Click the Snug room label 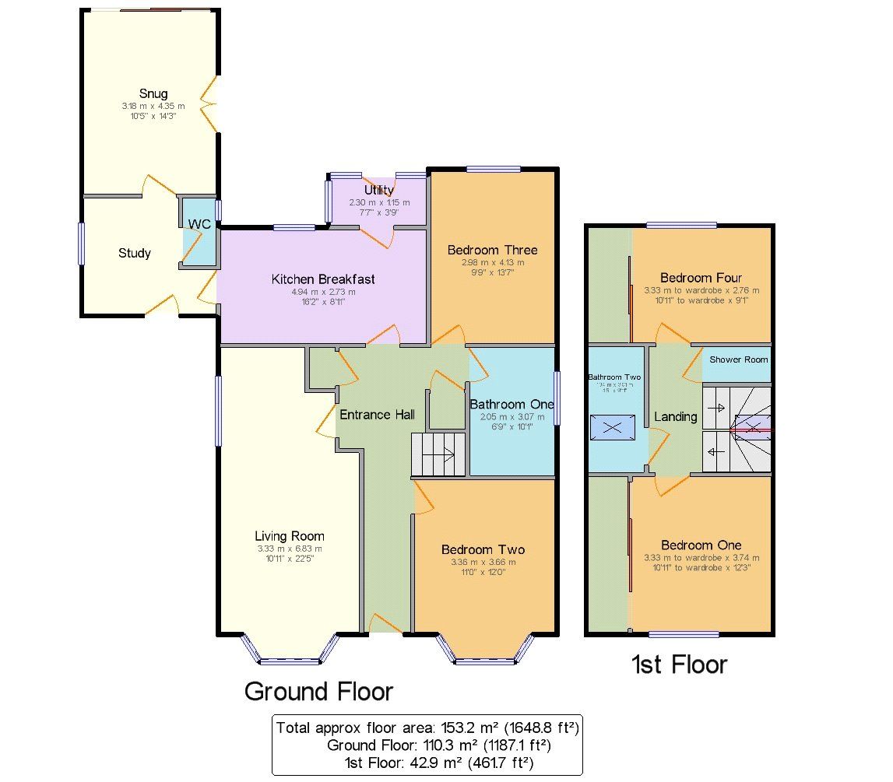152,94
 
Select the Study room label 135,253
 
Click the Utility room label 378,190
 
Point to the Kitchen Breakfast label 323,279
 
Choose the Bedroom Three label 492,250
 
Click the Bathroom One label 512,404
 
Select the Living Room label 290,535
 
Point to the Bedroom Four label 701,278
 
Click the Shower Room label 738,359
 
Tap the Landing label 675,416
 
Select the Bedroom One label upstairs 701,545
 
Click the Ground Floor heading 318,690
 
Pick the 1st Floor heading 678,664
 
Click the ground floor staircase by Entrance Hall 438,455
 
